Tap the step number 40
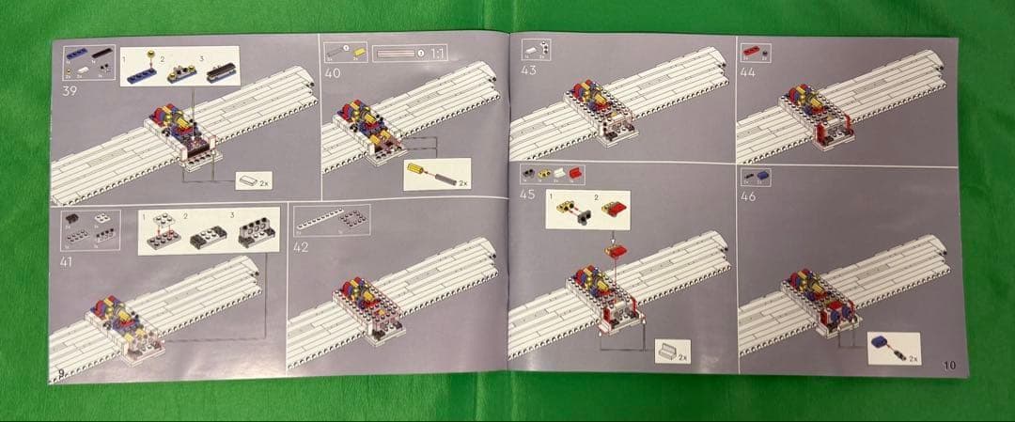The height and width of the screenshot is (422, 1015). [333, 72]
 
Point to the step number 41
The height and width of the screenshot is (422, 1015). [66, 262]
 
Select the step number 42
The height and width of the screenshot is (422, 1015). [301, 247]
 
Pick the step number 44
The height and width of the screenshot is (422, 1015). [748, 70]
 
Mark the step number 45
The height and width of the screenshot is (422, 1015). [528, 195]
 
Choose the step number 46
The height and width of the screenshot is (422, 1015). [748, 196]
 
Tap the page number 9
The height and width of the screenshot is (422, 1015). [61, 375]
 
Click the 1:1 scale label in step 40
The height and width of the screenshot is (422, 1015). [437, 53]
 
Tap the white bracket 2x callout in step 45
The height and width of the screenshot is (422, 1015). [673, 352]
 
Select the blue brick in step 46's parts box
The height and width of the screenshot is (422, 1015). [762, 176]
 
